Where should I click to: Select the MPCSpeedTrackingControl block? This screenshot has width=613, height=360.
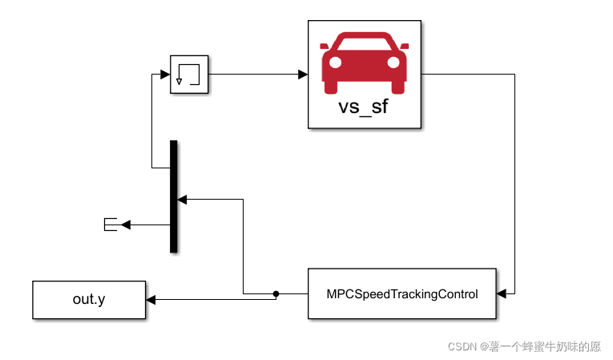401,294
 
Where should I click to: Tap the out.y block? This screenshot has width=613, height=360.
89,300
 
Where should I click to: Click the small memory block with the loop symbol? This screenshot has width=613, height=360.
189,75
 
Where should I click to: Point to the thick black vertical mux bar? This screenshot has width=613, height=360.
173,196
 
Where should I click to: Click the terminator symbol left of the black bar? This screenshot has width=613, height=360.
111,225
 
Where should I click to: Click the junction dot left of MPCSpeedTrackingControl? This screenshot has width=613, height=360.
276,294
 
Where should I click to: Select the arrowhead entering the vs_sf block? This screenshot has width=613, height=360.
303,75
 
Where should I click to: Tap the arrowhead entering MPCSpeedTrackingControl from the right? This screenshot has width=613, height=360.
502,294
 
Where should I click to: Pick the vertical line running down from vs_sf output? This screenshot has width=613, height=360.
514,184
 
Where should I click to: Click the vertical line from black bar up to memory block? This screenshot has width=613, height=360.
151,120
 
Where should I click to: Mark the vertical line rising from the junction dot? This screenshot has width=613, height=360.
243,245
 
